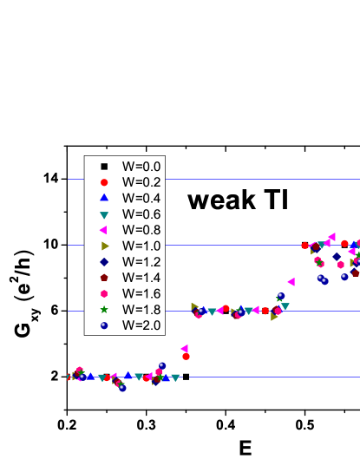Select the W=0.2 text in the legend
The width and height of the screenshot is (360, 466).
pos(141,182)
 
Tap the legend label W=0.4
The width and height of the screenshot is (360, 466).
pos(141,198)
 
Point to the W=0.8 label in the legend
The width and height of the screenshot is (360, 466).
pos(141,230)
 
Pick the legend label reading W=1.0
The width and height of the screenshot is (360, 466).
pos(141,246)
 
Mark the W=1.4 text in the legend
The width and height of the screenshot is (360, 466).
pos(141,278)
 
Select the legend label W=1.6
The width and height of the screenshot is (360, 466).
pos(141,293)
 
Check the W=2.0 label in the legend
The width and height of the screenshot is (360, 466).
pos(141,325)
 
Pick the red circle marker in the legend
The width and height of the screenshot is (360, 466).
pos(104,182)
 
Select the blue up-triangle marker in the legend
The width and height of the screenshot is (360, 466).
pos(104,198)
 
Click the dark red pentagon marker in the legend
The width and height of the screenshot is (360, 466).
pos(104,278)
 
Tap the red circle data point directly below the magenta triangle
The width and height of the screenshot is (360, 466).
pos(186,356)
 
